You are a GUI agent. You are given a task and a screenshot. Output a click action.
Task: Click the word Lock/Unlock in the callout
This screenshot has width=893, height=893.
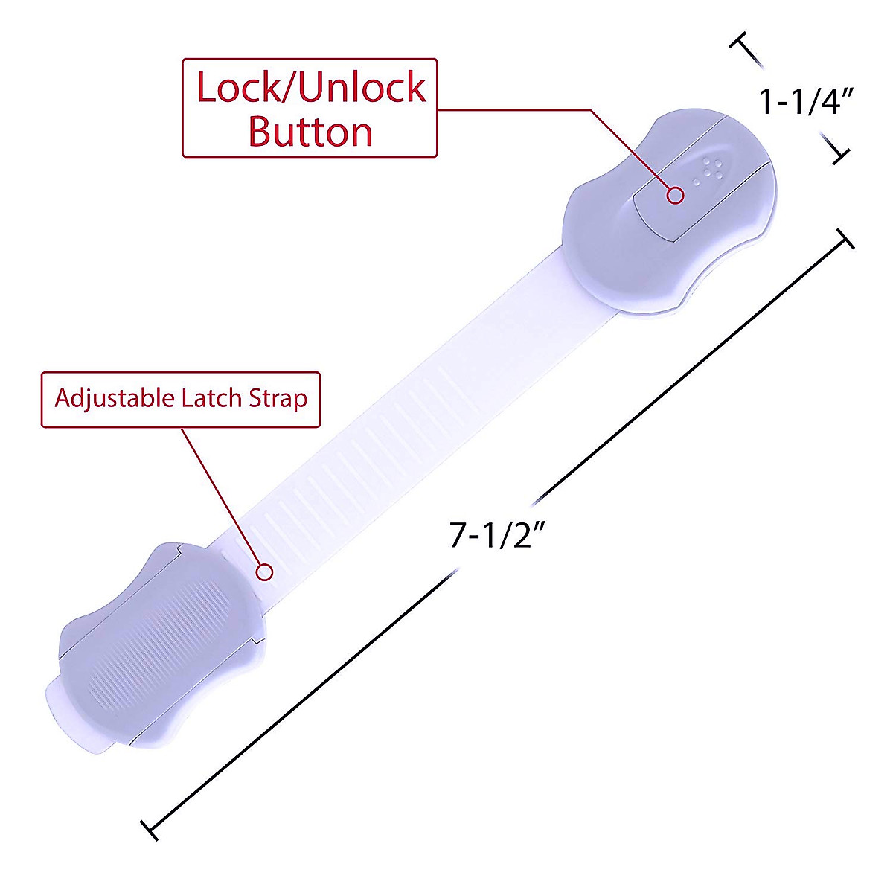(311, 87)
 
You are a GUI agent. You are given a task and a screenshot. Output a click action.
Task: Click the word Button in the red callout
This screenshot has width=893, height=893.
(310, 132)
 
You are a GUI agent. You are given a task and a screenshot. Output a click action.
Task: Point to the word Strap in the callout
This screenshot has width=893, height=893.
(278, 400)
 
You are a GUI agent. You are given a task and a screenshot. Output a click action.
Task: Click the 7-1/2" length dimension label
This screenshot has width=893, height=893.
(497, 535)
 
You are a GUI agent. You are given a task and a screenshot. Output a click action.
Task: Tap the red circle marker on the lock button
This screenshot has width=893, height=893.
(675, 196)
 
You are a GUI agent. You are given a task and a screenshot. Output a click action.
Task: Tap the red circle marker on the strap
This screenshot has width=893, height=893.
(265, 572)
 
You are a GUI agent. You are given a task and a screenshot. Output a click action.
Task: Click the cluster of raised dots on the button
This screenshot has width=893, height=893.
(708, 170)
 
